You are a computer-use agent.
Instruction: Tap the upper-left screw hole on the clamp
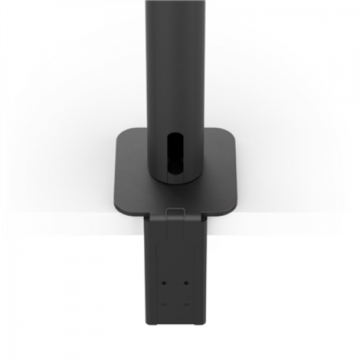[x=164, y=283]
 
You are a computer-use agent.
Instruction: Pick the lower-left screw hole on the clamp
[x=164, y=304]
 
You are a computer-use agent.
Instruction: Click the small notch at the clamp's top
[x=175, y=211]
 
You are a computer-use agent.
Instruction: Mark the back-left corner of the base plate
[x=122, y=132]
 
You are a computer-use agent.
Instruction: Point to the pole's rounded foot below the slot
[x=175, y=180]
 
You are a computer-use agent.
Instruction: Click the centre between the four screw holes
[x=175, y=294]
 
